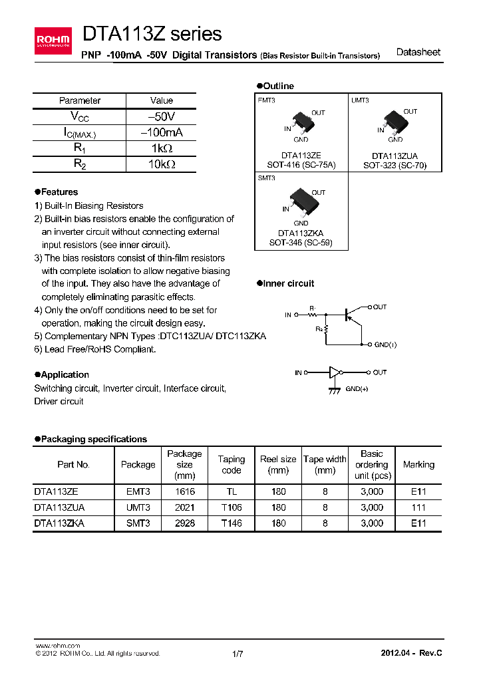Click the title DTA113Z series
tap(152, 34)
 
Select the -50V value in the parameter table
tap(161, 116)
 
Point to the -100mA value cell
tap(161, 132)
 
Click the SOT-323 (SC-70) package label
tap(395, 165)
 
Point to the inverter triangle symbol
tap(336, 373)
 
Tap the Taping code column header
tap(231, 464)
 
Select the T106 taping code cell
tap(231, 507)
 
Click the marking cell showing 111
tap(418, 507)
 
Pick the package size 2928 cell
tap(184, 523)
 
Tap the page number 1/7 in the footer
tap(238, 654)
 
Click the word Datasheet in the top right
tap(418, 53)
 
